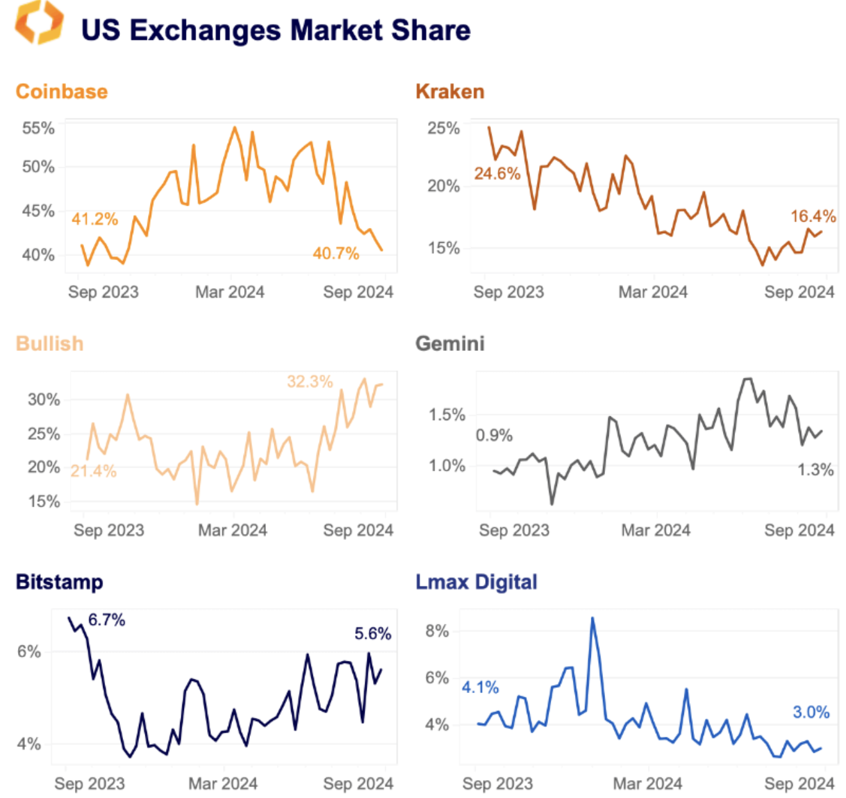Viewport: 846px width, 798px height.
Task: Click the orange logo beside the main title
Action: point(39,23)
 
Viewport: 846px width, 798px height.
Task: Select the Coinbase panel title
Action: point(62,92)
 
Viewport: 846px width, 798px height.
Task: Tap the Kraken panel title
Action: point(450,92)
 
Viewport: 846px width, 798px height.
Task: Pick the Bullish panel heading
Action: point(49,343)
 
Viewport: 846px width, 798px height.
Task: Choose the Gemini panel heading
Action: point(450,343)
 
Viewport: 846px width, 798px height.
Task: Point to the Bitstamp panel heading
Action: point(59,582)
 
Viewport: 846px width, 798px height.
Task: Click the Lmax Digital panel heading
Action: point(476,582)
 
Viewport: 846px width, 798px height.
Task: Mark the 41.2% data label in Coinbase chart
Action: point(95,219)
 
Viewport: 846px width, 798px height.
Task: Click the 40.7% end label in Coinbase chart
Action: point(336,254)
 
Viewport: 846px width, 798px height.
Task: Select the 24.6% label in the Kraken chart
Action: point(497,174)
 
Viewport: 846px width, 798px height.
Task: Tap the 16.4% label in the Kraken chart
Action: point(813,216)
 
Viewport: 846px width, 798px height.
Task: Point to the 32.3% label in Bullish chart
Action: point(310,382)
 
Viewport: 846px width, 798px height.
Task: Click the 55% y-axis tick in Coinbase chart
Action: point(38,128)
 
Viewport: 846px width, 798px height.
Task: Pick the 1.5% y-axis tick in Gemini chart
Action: point(447,414)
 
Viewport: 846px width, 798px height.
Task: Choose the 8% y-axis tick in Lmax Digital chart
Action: point(437,631)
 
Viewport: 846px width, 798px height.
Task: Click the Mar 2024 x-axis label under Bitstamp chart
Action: point(223,783)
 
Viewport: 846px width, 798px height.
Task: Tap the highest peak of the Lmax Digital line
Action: point(592,618)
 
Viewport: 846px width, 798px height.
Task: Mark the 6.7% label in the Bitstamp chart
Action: point(106,620)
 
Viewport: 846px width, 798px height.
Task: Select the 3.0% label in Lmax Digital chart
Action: point(811,712)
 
